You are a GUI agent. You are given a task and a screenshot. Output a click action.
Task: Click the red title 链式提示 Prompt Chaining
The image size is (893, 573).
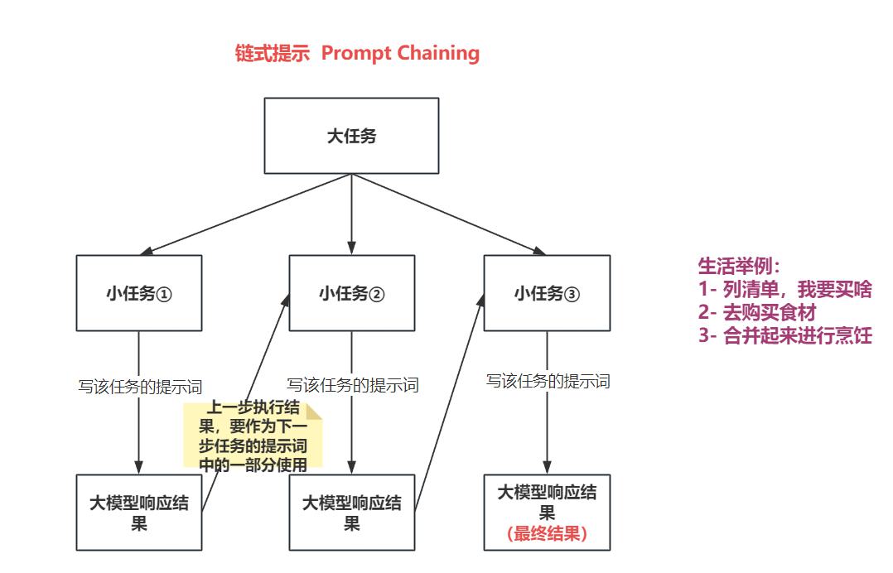pos(357,53)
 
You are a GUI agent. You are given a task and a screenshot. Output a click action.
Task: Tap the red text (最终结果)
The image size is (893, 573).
pos(547,534)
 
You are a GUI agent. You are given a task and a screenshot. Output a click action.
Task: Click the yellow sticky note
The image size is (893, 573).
pos(253,435)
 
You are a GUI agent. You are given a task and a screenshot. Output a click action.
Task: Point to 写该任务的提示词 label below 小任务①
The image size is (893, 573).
pos(140,387)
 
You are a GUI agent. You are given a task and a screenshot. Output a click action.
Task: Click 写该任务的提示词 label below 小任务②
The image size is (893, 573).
pos(353,385)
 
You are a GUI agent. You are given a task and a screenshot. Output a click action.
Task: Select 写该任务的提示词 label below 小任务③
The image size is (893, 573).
pos(548,381)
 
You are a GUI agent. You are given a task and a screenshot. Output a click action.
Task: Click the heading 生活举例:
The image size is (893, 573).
pos(739,266)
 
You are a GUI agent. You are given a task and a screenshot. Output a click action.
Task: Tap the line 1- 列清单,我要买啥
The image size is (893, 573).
pos(784,289)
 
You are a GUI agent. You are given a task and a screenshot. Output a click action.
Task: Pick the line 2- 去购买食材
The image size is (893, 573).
pos(757,312)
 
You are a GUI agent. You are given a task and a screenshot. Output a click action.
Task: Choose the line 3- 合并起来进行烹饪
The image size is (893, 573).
pos(784,335)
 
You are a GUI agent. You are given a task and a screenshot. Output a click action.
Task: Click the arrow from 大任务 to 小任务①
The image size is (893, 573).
pos(245,214)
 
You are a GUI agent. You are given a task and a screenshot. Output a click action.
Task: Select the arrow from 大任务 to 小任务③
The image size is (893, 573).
pos(449,214)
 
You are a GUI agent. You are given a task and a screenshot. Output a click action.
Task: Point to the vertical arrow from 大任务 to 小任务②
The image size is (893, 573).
pos(351,214)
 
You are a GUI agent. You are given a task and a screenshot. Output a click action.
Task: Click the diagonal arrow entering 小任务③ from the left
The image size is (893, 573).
pos(449,402)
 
